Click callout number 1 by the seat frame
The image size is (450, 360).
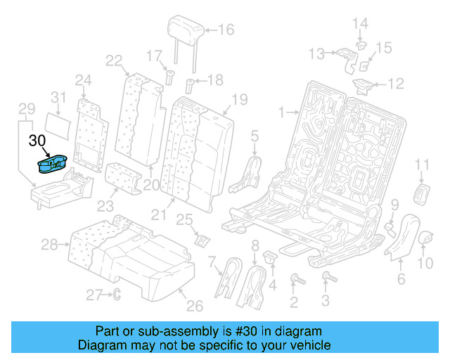[x=281, y=112]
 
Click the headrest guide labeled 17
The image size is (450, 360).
[x=169, y=75]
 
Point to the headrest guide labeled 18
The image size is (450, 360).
[x=189, y=87]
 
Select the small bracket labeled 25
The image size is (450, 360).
[x=201, y=240]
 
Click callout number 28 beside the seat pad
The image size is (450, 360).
[x=49, y=245]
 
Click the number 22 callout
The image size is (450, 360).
[x=114, y=61]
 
